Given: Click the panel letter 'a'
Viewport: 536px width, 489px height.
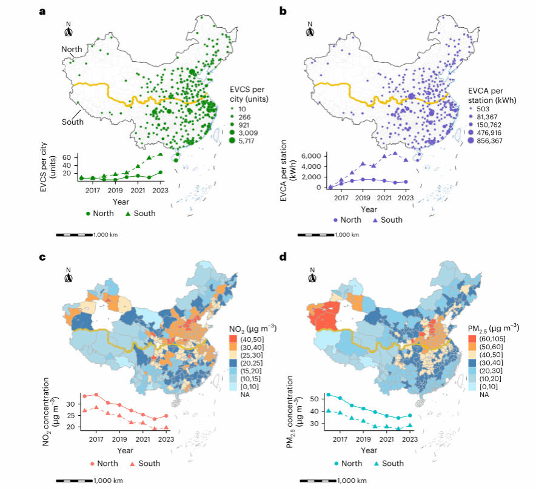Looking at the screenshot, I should [42, 11].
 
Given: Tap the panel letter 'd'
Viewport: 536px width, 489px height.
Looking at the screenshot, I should [283, 257].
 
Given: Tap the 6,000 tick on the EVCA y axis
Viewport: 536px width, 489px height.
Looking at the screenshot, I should [313, 156].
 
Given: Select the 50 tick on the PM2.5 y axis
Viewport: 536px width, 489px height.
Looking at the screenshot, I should [314, 399].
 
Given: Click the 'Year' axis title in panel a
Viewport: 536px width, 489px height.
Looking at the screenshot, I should [120, 201].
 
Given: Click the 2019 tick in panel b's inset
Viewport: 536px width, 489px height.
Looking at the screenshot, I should [363, 197].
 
